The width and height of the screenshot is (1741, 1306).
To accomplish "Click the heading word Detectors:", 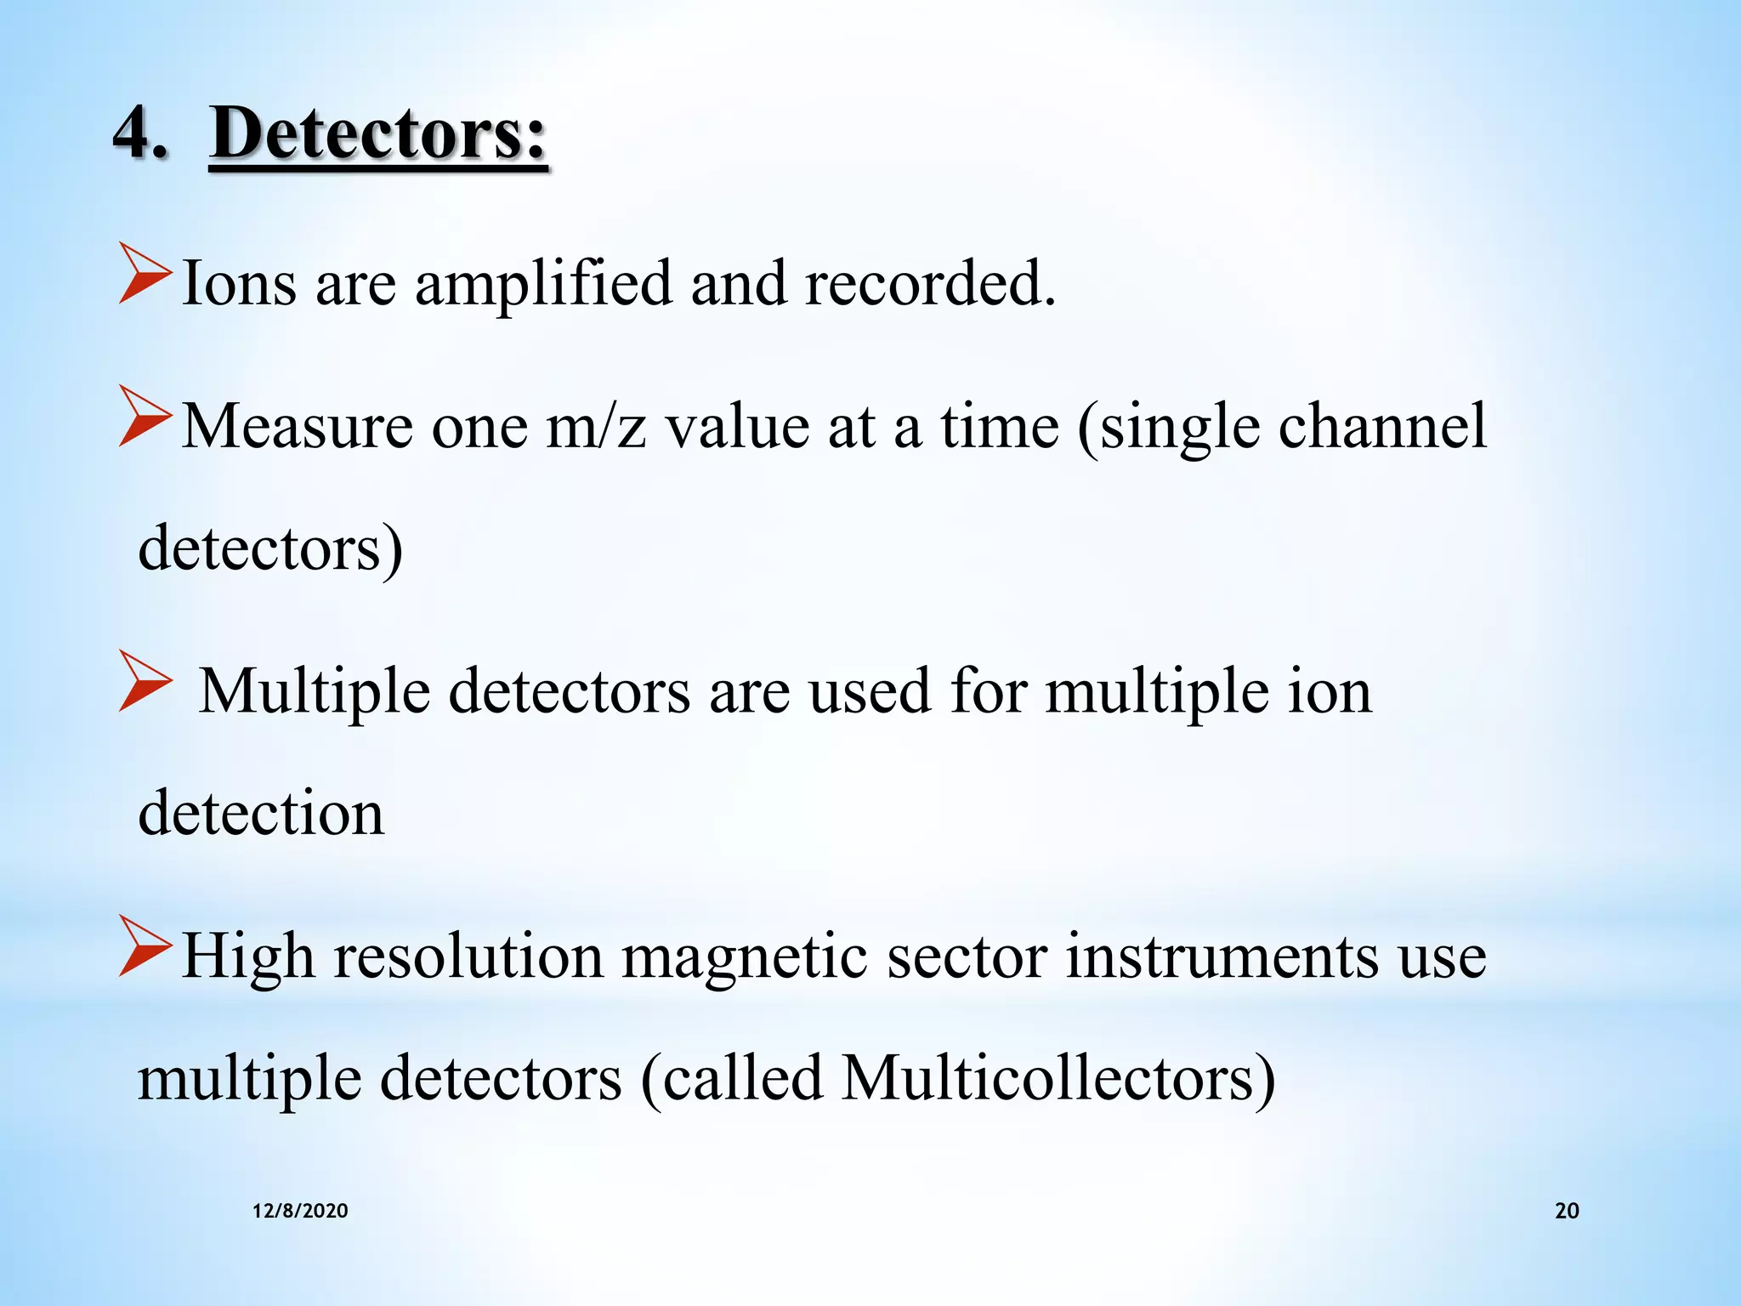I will point(378,134).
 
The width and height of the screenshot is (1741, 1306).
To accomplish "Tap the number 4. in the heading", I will point(140,134).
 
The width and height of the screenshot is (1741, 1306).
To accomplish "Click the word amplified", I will point(543,284).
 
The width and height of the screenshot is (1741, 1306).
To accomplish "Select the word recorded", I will point(930,282).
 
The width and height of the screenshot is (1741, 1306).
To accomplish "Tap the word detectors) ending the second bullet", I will point(270,548).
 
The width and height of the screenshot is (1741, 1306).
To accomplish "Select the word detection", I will point(261,813).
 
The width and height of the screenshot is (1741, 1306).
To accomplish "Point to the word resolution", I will point(468,957).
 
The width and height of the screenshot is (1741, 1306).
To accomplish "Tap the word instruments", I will point(1221,957).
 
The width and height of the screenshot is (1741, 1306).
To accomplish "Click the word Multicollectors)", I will point(1058,1079).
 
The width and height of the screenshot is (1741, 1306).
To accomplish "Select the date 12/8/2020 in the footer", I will point(300,1211).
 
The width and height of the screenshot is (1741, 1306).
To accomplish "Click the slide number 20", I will point(1566,1211).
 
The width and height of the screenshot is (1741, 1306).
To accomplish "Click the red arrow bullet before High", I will point(144,945).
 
